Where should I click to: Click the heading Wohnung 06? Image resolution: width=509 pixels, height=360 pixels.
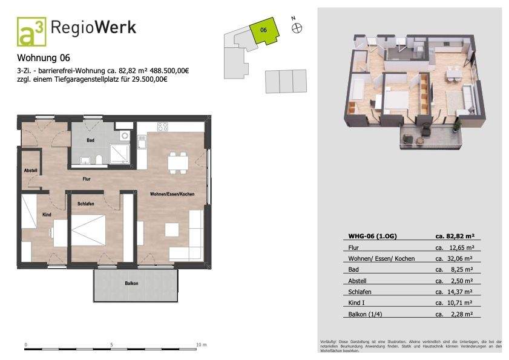click(44, 59)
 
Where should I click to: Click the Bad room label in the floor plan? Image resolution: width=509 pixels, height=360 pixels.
click(90, 140)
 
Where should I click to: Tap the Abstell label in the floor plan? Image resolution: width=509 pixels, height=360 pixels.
click(30, 171)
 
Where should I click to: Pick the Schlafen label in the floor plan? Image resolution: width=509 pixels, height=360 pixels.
click(86, 204)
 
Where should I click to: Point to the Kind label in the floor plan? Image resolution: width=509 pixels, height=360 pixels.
click(47, 215)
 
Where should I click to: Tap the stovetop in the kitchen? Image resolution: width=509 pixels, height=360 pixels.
click(162, 127)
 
